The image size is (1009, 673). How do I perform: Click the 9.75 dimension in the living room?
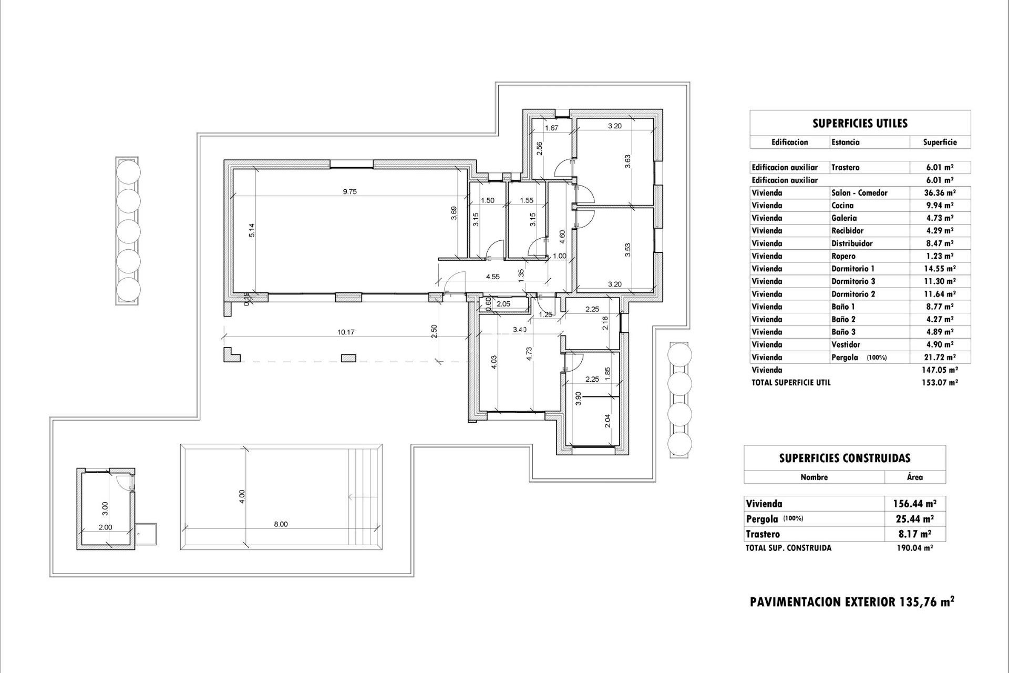point(349,192)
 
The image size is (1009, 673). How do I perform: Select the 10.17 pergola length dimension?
point(345,332)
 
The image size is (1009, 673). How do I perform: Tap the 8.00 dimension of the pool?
point(281,524)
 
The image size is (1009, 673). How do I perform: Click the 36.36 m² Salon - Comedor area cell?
point(940,193)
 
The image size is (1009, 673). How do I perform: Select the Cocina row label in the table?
point(842,206)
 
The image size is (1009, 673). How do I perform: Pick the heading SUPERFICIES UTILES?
point(860,124)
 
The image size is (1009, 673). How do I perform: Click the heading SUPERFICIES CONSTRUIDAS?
point(845,458)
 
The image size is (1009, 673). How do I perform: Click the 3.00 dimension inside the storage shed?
point(105,508)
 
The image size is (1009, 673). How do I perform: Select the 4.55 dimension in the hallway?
point(492,277)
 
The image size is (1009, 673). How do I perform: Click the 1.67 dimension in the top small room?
point(551,128)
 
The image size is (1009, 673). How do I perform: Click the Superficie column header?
point(940,142)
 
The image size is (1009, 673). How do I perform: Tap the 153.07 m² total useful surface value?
point(940,383)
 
